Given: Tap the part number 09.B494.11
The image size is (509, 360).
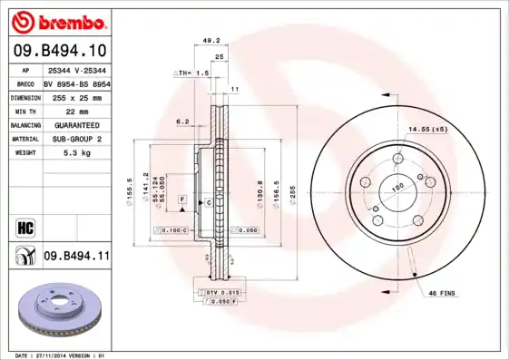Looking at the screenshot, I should [76, 257].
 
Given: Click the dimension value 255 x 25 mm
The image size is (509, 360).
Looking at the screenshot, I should [76, 96].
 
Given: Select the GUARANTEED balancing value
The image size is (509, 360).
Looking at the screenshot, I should [76, 124].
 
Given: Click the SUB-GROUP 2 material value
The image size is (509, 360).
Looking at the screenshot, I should [76, 139].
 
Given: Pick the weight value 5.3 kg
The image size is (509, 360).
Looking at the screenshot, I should [76, 153].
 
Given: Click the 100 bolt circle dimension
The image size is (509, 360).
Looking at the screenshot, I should [396, 188].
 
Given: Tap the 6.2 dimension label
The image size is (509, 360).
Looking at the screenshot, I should [182, 121].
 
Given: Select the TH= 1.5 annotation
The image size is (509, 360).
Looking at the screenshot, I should [192, 72].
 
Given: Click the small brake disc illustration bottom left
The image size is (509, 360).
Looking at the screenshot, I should [56, 311].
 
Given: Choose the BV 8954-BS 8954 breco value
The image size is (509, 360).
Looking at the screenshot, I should [76, 83].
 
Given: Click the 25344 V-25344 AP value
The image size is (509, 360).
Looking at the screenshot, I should [76, 69].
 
